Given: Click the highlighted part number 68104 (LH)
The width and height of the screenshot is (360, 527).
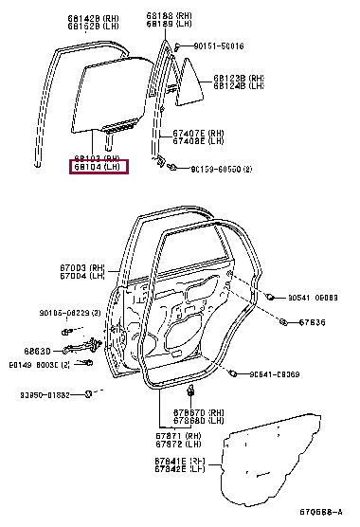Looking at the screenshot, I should pos(98,168).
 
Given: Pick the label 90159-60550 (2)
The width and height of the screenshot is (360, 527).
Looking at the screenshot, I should pos(221,169).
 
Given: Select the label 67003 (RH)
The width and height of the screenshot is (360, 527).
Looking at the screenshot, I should pos(81,268).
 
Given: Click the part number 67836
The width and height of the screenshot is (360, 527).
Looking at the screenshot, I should pos(312,323).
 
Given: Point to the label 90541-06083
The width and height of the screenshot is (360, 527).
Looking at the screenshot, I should pos(313,297).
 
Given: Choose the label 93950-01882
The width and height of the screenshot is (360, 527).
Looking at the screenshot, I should pos(45,393).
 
